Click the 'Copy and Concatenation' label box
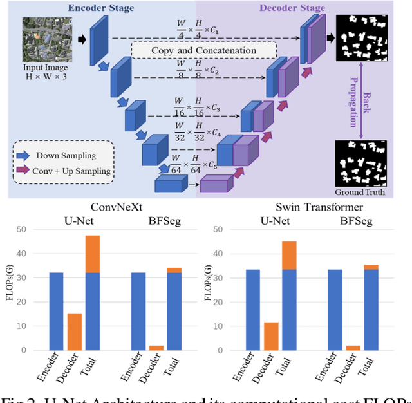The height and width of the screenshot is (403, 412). [x=203, y=50]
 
